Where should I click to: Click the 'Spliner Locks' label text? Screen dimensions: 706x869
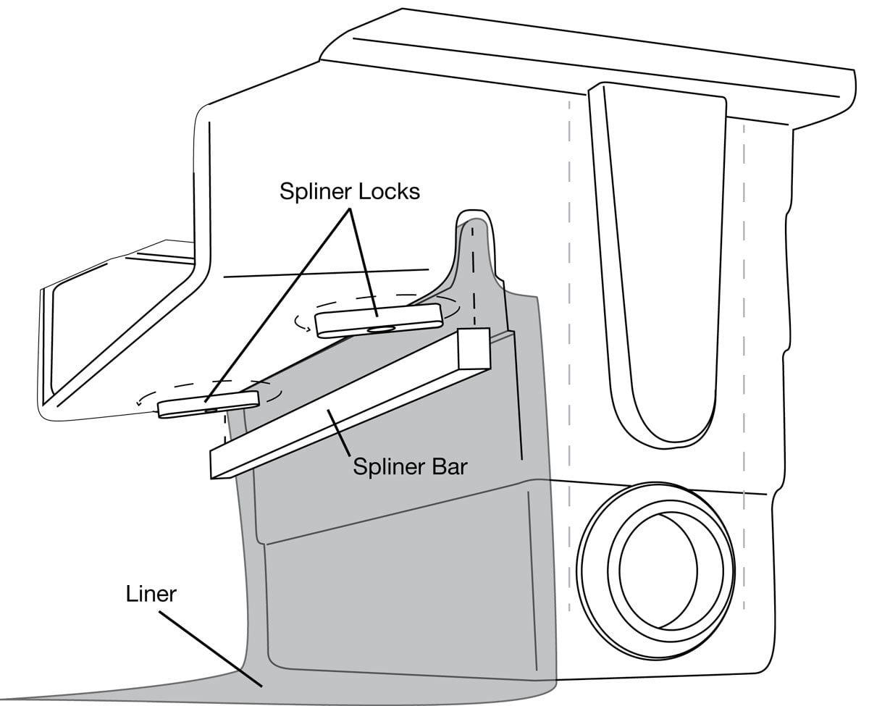(350, 192)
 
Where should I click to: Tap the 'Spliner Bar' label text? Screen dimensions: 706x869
(410, 466)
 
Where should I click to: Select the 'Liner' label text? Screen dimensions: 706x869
(151, 594)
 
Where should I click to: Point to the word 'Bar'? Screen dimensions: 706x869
(449, 466)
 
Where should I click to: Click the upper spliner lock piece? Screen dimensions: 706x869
(379, 319)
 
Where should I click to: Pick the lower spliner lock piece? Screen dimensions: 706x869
(208, 403)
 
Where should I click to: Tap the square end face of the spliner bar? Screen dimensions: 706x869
(474, 348)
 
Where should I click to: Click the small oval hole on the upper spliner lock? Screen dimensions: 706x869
(379, 329)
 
